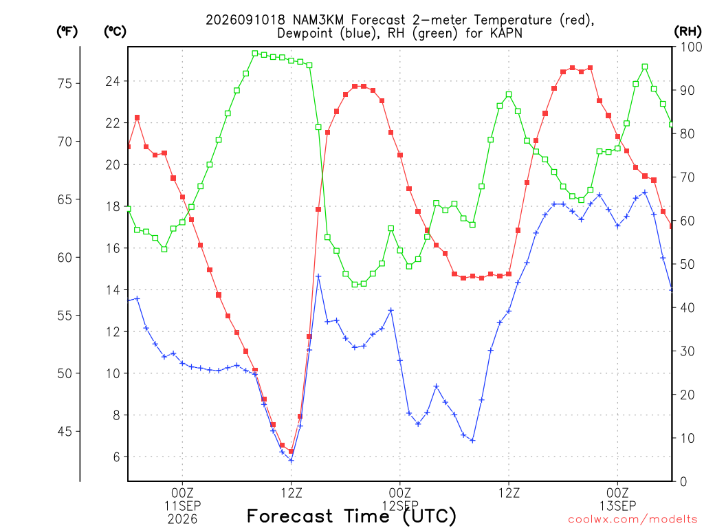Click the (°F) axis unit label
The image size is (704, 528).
[67, 32]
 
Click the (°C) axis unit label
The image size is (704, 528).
[115, 32]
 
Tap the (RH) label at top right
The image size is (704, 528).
[687, 32]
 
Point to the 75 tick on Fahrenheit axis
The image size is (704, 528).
[65, 83]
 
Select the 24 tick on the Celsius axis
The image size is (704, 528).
[113, 81]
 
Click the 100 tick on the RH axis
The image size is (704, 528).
[691, 47]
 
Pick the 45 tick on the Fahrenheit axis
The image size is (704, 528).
[65, 432]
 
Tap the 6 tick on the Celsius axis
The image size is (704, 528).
[117, 457]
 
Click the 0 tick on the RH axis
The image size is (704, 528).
[683, 482]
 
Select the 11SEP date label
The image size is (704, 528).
[182, 506]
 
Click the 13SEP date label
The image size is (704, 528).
[617, 506]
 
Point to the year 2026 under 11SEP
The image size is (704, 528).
[182, 520]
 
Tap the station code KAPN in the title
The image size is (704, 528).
[505, 33]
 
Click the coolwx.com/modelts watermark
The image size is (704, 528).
[632, 519]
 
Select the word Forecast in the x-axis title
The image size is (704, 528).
[290, 516]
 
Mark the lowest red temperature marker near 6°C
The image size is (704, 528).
[291, 451]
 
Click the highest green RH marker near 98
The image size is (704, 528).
[255, 54]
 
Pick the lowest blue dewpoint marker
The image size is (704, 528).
[291, 461]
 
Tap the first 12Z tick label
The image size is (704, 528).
[291, 493]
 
